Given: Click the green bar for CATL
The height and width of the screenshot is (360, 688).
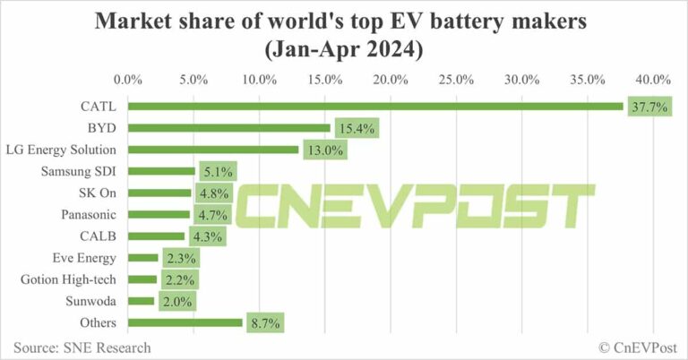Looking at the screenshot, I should pyautogui.click(x=375, y=107).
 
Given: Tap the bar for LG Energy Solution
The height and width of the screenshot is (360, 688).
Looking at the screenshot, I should pyautogui.click(x=213, y=150).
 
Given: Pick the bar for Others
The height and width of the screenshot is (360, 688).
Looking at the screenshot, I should pyautogui.click(x=185, y=322).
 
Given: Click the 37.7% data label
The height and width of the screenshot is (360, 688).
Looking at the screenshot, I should pyautogui.click(x=649, y=107).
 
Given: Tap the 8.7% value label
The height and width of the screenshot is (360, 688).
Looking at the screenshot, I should pyautogui.click(x=263, y=322).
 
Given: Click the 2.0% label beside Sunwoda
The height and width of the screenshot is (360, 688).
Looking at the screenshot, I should pyautogui.click(x=176, y=301).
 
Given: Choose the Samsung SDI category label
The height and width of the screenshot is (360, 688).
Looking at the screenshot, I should pyautogui.click(x=80, y=171).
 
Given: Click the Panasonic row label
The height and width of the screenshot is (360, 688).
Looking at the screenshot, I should pyautogui.click(x=87, y=214).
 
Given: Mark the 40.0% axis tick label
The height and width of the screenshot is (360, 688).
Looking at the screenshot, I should pyautogui.click(x=653, y=80).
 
